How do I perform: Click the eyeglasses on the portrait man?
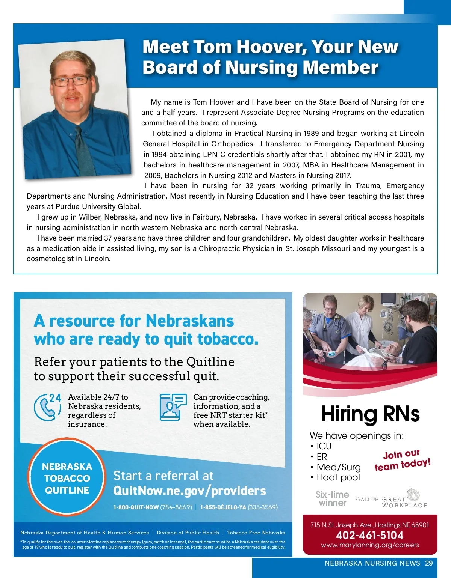pos(72,80)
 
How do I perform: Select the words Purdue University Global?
pos(98,207)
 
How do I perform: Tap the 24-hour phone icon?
pos(47,407)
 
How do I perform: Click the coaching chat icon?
pos(173,407)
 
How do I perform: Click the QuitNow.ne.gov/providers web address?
pos(189,491)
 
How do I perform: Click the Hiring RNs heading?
pos(370,414)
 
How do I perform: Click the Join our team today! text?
pos(402,460)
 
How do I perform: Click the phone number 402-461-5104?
pos(370,535)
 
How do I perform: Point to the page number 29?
pos(429,563)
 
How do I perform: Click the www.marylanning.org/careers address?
pos(370,545)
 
